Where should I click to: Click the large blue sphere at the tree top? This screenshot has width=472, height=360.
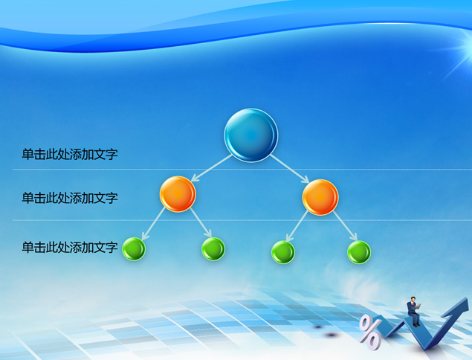coord(250,135)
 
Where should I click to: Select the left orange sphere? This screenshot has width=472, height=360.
coord(178,194)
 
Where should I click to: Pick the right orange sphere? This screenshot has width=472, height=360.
coord(320,197)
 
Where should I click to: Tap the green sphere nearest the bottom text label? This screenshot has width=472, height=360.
coord(134,249)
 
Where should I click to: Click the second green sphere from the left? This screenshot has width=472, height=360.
coord(213,249)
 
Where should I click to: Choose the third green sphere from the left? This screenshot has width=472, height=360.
coord(283,252)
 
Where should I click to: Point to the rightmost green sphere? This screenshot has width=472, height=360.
coord(359,252)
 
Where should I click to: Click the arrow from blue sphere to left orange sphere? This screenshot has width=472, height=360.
coord(212,168)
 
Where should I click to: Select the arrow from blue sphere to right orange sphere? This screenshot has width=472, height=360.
coord(290,169)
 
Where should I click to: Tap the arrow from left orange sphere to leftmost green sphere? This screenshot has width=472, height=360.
coord(154,224)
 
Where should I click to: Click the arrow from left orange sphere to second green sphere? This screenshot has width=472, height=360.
coord(201,222)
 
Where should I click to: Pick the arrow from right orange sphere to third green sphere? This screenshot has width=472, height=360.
coord(297,226)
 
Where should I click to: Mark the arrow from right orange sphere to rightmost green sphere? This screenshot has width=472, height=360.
coord(345,226)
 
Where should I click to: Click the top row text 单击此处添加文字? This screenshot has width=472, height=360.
coord(70,154)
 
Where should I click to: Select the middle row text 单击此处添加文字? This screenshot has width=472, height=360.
coord(70,198)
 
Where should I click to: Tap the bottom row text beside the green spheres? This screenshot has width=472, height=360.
coord(70,248)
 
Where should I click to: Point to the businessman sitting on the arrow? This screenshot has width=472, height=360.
coord(414,312)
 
